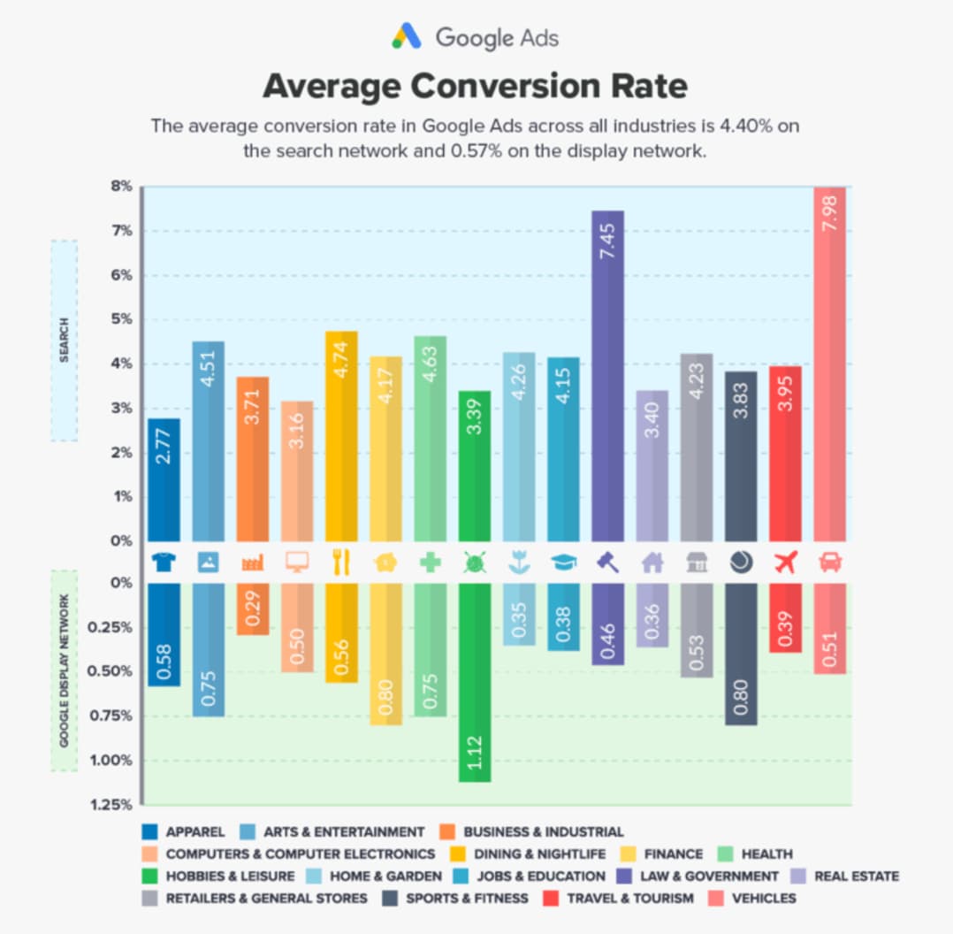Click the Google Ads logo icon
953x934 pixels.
point(408,37)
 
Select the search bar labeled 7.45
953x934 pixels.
point(607,375)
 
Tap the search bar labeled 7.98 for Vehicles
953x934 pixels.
point(829,364)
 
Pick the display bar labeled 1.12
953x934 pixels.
point(475,682)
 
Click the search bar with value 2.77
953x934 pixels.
point(164,479)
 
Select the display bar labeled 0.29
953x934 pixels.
point(253,609)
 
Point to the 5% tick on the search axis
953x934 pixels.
point(121,319)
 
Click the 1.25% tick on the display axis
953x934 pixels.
point(117,805)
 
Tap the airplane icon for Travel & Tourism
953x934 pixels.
point(785,563)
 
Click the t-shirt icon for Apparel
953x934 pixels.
point(164,563)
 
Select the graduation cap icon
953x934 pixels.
point(563,563)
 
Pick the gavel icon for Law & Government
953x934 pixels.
point(607,563)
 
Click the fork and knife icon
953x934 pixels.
point(341,563)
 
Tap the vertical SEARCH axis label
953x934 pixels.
point(64,341)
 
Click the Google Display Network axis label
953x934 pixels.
point(65,670)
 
